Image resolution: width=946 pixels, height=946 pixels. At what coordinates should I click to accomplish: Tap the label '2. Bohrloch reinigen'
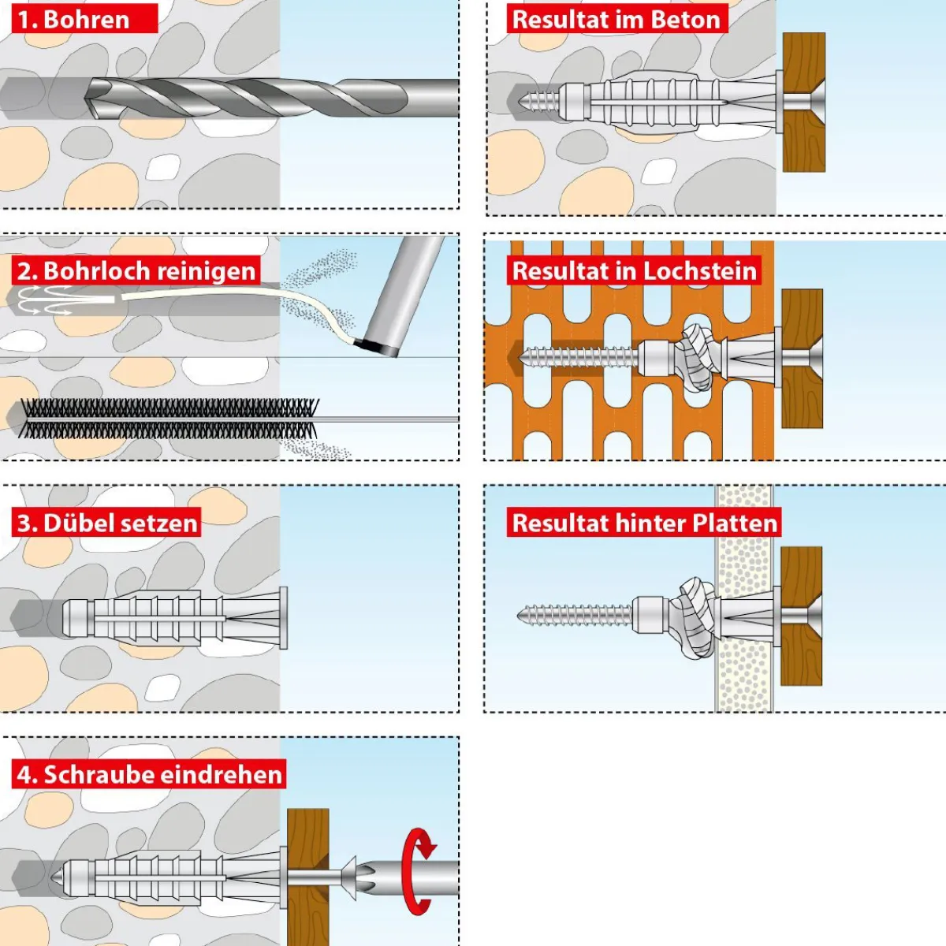[x=136, y=270]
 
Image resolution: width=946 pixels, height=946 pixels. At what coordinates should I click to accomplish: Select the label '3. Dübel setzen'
[x=107, y=523]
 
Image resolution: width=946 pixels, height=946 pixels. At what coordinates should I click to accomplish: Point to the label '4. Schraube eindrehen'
[x=149, y=774]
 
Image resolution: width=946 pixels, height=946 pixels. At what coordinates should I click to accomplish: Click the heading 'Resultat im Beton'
[x=616, y=20]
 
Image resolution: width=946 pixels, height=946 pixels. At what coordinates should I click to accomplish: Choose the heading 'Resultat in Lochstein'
[x=634, y=270]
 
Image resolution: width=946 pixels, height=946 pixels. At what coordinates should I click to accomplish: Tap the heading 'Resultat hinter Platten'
[x=644, y=523]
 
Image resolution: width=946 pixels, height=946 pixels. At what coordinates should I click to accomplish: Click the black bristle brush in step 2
[x=169, y=419]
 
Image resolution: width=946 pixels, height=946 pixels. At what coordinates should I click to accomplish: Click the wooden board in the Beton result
[x=803, y=102]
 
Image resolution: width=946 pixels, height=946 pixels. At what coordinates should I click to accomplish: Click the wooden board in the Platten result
[x=801, y=615]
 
